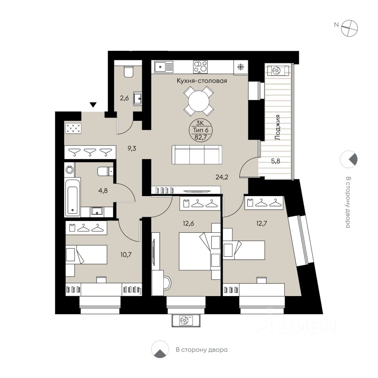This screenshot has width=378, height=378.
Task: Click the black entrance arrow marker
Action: (93, 105)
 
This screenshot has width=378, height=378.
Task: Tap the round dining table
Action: (198, 101)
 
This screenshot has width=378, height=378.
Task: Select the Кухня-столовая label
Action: (202, 80)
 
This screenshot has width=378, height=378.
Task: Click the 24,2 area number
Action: (222, 178)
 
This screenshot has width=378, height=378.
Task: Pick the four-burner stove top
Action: (200, 67)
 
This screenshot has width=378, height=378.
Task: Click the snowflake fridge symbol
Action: (241, 67)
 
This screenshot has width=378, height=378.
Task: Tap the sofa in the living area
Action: (197, 155)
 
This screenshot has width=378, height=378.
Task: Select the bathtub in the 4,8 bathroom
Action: (72, 196)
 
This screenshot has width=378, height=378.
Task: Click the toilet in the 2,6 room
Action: (128, 71)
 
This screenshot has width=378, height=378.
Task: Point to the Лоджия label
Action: (278, 128)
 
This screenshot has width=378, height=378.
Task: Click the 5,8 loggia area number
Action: (276, 161)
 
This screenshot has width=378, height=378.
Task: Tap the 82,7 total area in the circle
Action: (200, 138)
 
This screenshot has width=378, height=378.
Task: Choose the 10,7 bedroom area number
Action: (126, 254)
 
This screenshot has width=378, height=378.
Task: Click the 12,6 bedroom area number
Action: (188, 224)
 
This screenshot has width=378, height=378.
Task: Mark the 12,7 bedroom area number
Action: (261, 224)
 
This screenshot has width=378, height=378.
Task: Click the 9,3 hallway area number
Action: (132, 148)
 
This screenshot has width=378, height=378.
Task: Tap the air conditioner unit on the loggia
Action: (277, 70)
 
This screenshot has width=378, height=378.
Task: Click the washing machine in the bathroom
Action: (70, 170)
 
